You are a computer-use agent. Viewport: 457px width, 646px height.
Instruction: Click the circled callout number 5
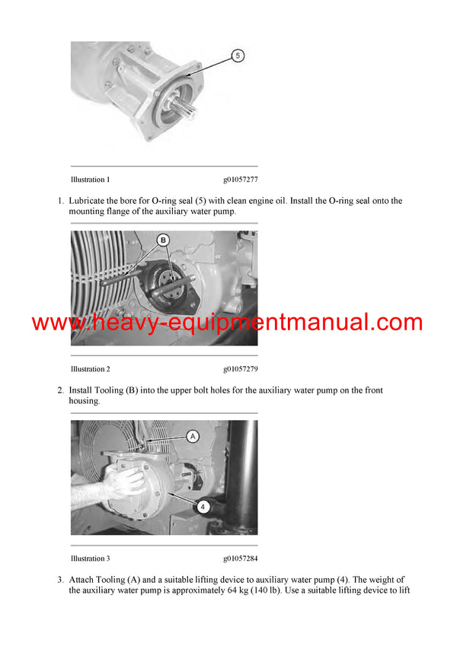coord(237,56)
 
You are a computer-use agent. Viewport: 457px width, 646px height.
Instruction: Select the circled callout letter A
coord(192,436)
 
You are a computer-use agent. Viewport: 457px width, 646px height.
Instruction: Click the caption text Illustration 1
coord(90,180)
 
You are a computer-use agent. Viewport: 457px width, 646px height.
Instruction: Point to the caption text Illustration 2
coord(90,369)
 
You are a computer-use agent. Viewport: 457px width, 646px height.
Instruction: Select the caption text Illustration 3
coord(90,558)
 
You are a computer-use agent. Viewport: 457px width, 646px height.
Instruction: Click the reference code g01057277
coord(240,180)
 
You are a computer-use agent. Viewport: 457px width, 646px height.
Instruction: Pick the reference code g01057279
coord(240,369)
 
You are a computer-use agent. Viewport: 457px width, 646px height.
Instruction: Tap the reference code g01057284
coord(240,558)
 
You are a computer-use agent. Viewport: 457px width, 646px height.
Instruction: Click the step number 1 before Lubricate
coord(60,201)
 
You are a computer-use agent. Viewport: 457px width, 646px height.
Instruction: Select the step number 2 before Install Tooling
coord(60,390)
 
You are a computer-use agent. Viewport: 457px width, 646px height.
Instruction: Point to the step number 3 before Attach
coord(60,580)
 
